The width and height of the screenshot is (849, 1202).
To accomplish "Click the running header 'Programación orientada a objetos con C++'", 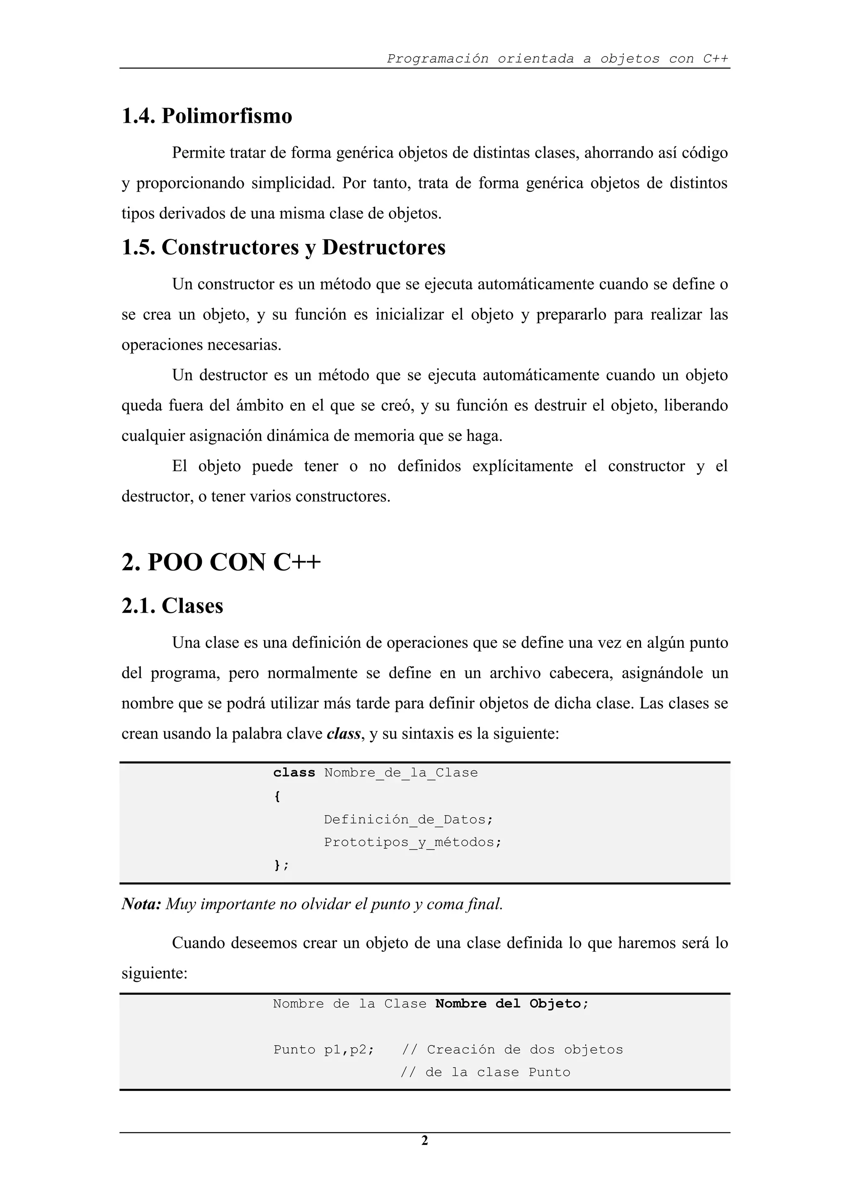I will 557,58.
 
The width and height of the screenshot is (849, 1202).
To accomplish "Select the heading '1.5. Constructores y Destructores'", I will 283,247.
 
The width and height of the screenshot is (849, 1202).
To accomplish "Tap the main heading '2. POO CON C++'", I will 221,562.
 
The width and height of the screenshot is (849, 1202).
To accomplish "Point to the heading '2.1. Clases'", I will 172,606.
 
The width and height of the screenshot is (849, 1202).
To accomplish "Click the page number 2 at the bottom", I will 424,1140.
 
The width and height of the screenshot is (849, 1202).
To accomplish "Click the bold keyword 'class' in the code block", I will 294,773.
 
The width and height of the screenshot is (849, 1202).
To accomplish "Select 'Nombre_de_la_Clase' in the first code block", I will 401,773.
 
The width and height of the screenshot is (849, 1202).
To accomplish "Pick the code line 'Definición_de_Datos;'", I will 408,819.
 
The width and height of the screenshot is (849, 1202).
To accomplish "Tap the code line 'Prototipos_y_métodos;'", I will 412,842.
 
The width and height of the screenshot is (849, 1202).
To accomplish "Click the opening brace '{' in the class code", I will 277,796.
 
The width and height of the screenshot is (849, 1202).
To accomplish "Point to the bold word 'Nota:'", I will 141,904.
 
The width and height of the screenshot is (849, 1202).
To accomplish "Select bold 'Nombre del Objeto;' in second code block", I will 512,1004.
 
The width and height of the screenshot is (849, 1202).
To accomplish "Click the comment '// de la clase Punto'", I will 485,1072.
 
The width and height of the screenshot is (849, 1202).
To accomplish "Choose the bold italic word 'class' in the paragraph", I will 343,733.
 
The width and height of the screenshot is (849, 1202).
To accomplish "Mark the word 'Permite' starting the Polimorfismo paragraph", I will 198,153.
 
